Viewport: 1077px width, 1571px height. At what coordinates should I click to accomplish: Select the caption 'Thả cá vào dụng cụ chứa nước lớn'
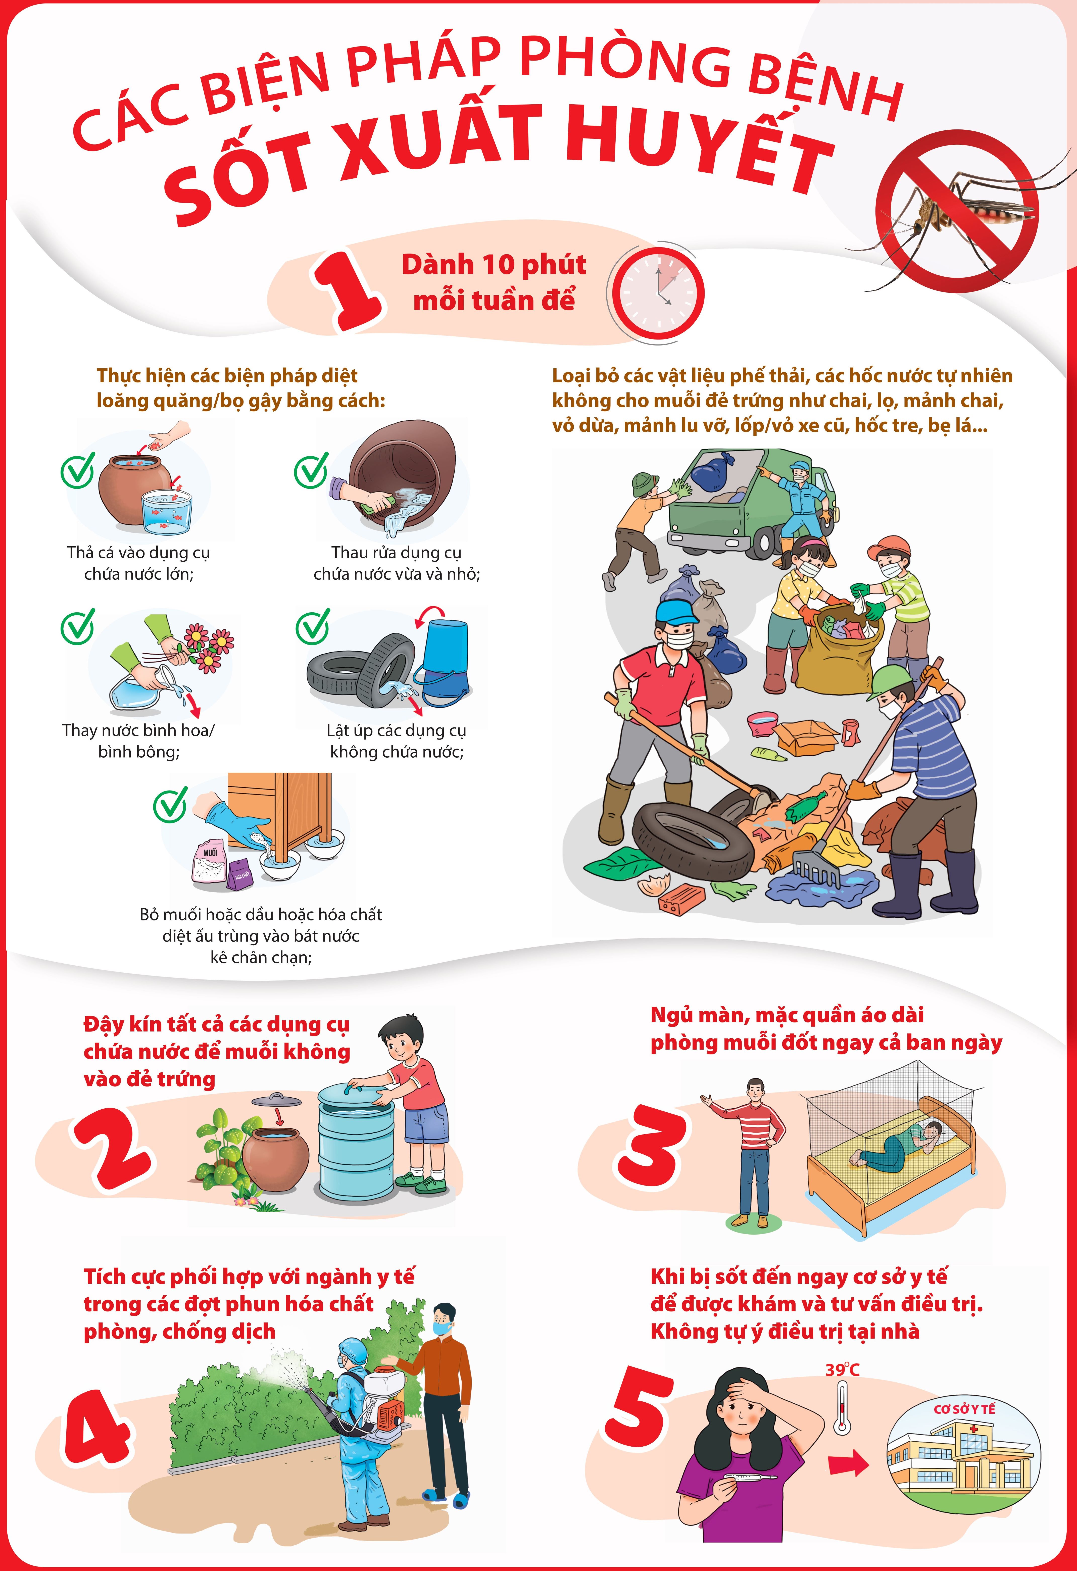139,563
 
